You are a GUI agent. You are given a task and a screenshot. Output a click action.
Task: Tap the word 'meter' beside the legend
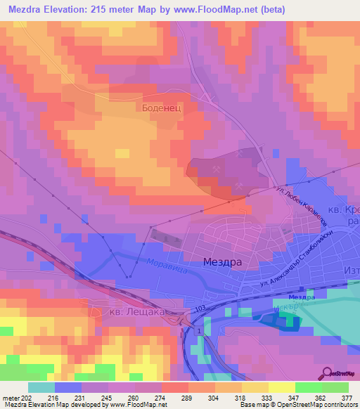[x=11, y=398]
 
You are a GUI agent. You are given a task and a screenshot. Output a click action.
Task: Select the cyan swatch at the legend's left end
[x=41, y=387]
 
